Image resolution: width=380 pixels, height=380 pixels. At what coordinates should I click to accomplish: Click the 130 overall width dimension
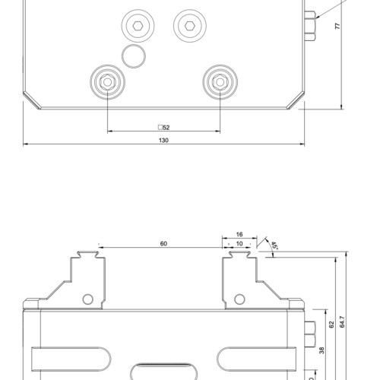coord(163,140)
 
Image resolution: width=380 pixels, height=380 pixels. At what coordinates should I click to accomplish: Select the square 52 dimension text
coord(163,128)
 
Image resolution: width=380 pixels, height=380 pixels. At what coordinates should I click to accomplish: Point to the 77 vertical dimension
coord(337,26)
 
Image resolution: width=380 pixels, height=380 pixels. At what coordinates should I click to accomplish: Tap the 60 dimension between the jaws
coord(163,243)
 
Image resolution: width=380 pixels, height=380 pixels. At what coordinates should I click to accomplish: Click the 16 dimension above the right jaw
coord(239,235)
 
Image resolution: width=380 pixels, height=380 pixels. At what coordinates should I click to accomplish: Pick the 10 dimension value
coord(239,243)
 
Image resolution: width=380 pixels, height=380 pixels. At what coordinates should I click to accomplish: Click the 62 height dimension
coord(331,325)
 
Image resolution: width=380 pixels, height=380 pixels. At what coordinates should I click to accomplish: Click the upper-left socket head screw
coord(138,27)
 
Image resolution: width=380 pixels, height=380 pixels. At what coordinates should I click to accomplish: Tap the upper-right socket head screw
coord(188,27)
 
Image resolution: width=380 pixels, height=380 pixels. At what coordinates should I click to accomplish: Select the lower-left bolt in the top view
coord(107,81)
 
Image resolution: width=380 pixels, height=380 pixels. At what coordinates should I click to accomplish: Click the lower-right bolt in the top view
coord(220,81)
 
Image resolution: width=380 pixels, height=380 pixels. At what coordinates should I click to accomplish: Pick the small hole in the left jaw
coord(87,298)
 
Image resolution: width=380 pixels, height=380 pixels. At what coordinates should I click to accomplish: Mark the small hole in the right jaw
coord(239,298)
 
